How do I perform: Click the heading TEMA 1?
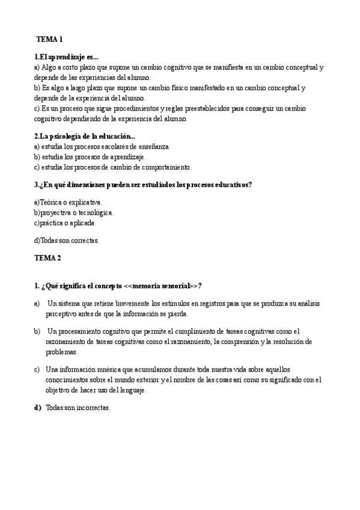click(x=49, y=40)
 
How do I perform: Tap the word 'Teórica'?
click(x=50, y=202)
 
